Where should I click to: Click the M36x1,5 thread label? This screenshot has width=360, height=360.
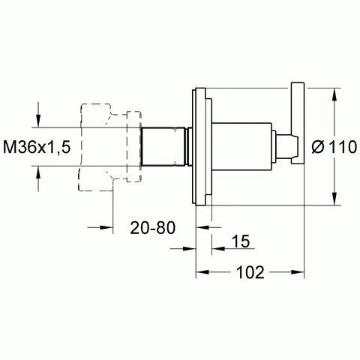(x=37, y=147)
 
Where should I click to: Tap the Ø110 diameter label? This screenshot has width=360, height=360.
(x=334, y=147)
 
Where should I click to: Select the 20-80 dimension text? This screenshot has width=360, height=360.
(x=153, y=228)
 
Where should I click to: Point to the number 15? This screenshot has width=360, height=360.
(x=241, y=241)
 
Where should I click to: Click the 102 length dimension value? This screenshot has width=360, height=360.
(x=250, y=272)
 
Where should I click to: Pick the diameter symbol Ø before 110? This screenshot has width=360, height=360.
(x=318, y=147)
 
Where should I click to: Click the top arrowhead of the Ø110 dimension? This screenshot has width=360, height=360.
(x=334, y=94)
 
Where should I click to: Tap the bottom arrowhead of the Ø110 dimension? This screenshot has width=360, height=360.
(x=334, y=199)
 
